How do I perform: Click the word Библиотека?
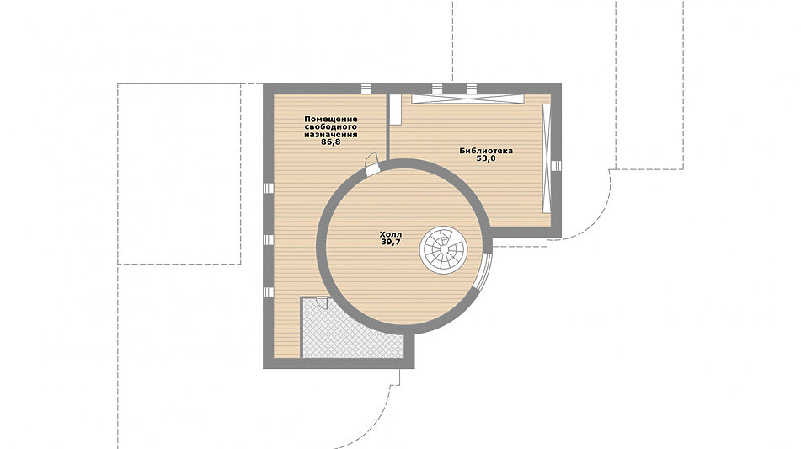tap(486, 151)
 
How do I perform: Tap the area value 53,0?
tap(486, 158)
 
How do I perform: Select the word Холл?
tap(391, 234)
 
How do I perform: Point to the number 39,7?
tap(391, 242)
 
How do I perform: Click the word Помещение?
tap(331, 119)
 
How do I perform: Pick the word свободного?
tap(330, 126)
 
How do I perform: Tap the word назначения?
tap(330, 134)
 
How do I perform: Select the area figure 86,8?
tap(330, 142)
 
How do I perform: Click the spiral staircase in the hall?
tap(443, 250)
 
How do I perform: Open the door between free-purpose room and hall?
tap(372, 163)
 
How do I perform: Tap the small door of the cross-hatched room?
tap(322, 302)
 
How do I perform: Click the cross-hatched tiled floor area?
tap(351, 329)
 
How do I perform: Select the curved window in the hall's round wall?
tap(486, 270)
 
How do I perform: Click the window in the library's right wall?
tap(557, 165)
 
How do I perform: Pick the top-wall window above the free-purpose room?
tap(366, 89)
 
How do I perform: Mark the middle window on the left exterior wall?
tap(268, 239)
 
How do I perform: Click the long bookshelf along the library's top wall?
tap(468, 99)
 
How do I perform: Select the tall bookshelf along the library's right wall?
tap(547, 158)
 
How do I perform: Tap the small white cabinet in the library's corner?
tap(395, 110)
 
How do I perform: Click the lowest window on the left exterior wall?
tap(268, 292)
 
